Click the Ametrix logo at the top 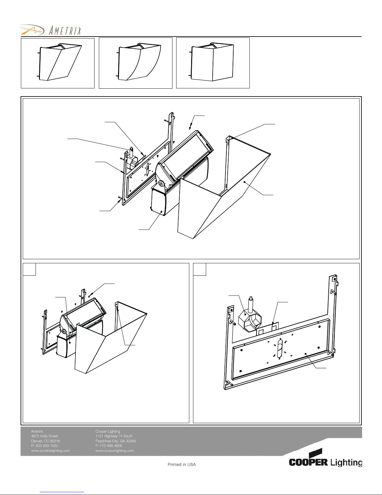(51, 30)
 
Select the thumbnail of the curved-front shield (135, 63)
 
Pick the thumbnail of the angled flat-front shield (57, 63)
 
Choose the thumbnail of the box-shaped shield (213, 63)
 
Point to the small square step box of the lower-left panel (29, 270)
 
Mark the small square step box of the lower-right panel (200, 270)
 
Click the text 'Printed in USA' (181, 464)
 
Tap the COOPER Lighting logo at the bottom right (325, 459)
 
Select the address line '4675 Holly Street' (44, 436)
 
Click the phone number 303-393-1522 (44, 446)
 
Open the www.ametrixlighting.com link (50, 451)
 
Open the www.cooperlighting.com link (114, 451)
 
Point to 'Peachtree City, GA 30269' (115, 441)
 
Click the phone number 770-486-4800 (109, 446)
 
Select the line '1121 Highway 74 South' (114, 436)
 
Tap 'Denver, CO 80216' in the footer (45, 441)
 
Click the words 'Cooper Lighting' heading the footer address (108, 431)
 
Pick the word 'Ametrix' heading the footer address (37, 431)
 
